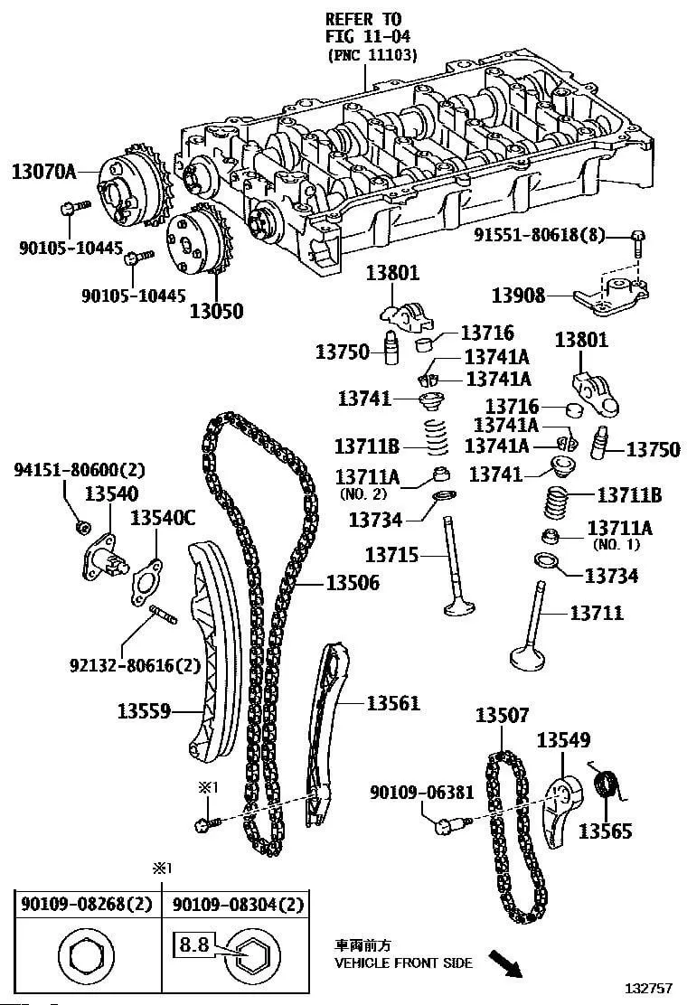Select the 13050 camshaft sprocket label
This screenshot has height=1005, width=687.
(216, 311)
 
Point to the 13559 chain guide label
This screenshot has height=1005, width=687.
(144, 711)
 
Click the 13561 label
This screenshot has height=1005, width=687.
(393, 702)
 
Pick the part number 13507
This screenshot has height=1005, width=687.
(503, 716)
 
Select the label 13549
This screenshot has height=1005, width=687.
(563, 740)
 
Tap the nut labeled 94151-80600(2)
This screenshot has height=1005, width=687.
(83, 526)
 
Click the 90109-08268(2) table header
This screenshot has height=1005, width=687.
(86, 904)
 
